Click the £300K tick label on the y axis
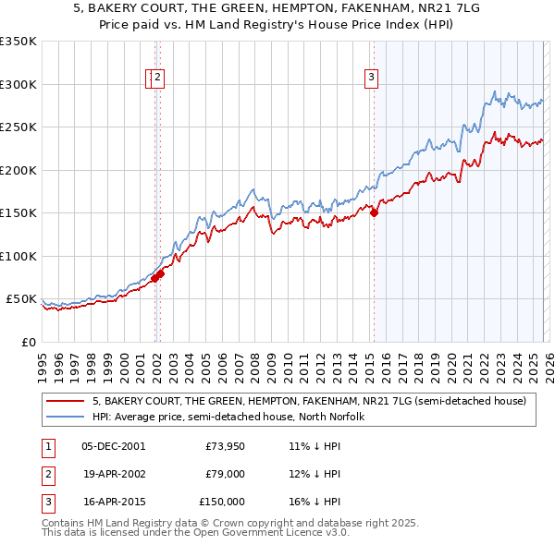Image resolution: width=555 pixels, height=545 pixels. [18, 84]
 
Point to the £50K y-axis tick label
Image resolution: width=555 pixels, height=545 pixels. [21, 299]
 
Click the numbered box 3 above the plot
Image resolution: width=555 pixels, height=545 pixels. [371, 79]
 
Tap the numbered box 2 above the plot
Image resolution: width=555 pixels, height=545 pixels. [158, 79]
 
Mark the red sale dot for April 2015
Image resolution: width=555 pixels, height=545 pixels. [374, 213]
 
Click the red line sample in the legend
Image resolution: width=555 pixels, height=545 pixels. [64, 401]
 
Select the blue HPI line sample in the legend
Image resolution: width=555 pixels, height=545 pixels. [64, 417]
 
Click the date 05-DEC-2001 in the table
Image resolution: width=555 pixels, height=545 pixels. [114, 446]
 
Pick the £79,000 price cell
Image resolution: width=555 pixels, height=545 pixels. [225, 474]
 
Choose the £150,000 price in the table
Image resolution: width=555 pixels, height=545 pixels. [222, 502]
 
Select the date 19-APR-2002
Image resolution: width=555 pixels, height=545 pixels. [113, 474]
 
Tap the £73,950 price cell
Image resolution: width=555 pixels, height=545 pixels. [225, 446]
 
